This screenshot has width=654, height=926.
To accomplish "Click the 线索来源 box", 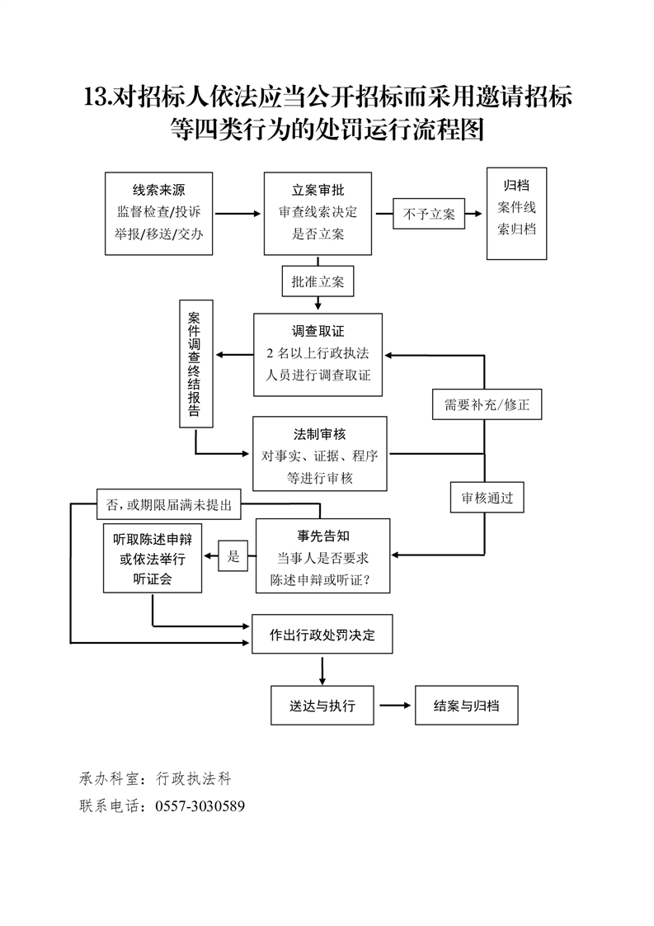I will (x=159, y=213).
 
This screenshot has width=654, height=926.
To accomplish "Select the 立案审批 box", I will (x=318, y=213).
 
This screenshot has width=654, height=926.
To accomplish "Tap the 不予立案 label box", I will (x=429, y=214).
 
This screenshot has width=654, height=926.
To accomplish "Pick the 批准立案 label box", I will (x=318, y=281).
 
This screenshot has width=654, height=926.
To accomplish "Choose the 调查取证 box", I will (x=318, y=354).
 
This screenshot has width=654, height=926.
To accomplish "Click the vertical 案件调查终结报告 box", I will (x=195, y=365).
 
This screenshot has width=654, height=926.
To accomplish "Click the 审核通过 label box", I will (x=487, y=498).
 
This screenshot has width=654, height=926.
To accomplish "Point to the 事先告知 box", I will (x=322, y=556).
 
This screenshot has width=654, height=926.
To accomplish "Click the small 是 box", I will (x=233, y=556).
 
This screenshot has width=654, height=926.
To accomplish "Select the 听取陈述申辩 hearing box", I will (x=153, y=558).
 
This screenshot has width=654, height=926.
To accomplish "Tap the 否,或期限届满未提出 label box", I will (x=168, y=503).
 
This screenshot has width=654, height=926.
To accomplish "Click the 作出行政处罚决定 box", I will (x=322, y=635).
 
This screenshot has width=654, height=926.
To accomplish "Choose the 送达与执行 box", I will (x=322, y=706).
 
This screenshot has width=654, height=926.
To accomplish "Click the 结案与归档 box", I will (x=467, y=706).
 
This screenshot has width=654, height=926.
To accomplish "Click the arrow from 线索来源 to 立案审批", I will (x=238, y=214).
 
